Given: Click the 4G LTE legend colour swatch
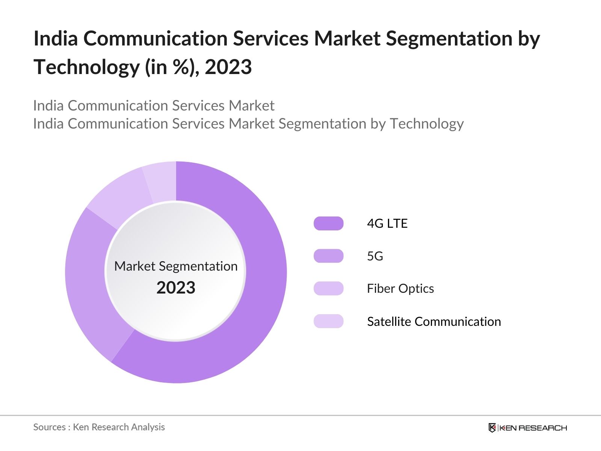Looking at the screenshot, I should point(328,223).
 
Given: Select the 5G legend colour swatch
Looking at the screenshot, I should point(328,256).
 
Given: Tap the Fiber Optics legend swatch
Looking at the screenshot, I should point(328,289).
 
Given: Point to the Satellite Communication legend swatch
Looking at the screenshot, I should point(328,321).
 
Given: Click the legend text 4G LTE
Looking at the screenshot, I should point(387,223).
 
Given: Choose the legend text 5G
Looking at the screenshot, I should point(375,256).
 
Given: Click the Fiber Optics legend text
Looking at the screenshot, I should point(400,289).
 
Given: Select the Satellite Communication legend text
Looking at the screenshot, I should point(434,321).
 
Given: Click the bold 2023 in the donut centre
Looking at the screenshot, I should point(176,288).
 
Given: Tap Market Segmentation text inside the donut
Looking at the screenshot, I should point(176,266).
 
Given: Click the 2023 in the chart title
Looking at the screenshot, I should point(228,67).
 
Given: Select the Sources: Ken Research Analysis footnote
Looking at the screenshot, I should point(99,427).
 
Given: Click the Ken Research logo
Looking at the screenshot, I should point(527,428).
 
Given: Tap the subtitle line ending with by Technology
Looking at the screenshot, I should point(248,124).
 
